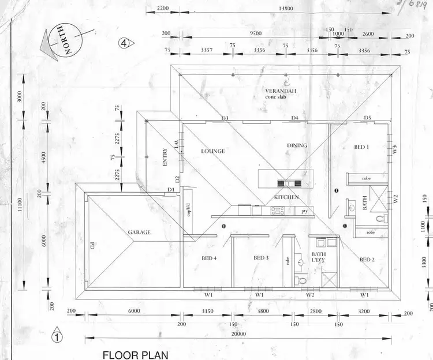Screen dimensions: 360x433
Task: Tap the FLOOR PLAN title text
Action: click(135, 354)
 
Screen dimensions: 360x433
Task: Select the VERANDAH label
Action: click(281, 92)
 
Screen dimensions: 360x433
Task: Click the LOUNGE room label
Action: click(212, 151)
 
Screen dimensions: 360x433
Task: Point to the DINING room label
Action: click(297, 145)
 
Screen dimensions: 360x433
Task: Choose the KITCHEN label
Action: click(286, 197)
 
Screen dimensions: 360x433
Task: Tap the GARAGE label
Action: click(139, 232)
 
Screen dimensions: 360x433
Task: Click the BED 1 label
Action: click(361, 148)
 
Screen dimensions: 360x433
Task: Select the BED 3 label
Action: click(261, 258)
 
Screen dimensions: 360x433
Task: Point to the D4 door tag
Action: click(294, 118)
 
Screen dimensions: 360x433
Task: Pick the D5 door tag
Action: click(367, 118)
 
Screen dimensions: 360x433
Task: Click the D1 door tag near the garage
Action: click(171, 190)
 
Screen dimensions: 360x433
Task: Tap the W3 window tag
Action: click(395, 148)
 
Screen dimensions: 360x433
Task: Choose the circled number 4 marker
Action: click(124, 43)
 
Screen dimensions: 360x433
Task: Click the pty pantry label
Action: click(304, 212)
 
